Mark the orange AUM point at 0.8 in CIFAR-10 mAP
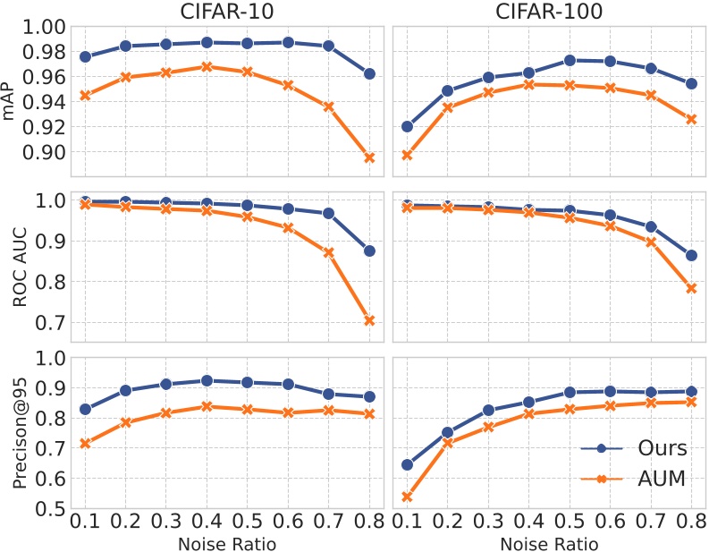tap(370, 157)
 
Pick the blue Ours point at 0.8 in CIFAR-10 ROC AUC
tap(370, 251)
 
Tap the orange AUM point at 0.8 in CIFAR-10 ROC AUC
tap(370, 320)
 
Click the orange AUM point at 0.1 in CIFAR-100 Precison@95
tap(408, 497)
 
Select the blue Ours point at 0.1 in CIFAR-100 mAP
tap(408, 126)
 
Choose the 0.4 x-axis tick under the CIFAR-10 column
tap(207, 522)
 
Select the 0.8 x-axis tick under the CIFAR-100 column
tap(690, 522)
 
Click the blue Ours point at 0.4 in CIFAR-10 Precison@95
tap(207, 381)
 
